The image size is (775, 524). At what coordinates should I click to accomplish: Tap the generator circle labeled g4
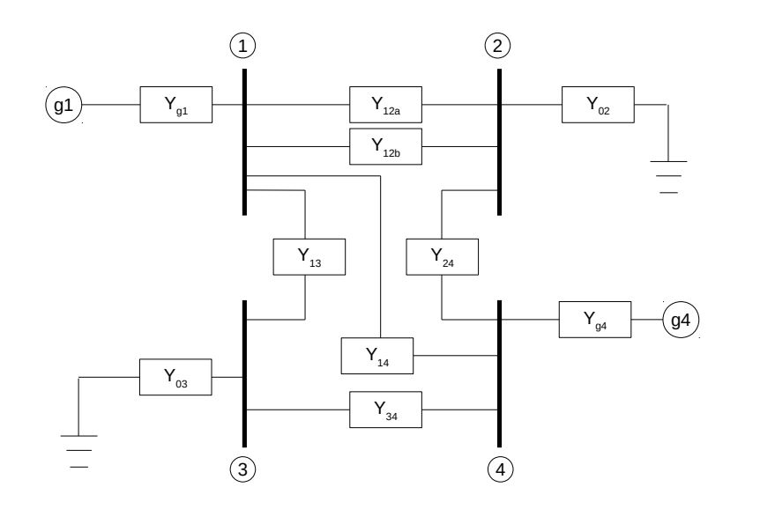coord(681,321)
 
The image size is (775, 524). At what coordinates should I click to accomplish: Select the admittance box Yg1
coord(175,105)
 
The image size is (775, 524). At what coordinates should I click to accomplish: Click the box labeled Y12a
coord(385,105)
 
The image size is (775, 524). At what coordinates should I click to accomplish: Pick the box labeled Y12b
coord(385,146)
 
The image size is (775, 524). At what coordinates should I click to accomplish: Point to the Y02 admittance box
coord(597,105)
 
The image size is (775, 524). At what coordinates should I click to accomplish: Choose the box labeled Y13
coord(309,256)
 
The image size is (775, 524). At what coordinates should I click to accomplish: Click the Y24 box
coord(442,256)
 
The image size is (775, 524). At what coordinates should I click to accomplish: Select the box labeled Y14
coord(377,355)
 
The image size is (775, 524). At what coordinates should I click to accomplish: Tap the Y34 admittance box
coord(385,410)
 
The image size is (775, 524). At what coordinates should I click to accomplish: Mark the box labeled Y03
coord(175,377)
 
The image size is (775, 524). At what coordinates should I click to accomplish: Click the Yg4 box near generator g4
coord(595,321)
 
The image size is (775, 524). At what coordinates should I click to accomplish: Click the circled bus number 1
coord(242,45)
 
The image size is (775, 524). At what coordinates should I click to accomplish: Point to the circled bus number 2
coord(498,45)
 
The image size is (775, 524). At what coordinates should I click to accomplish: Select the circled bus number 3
coord(242,470)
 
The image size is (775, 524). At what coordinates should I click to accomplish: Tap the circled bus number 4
coord(498,470)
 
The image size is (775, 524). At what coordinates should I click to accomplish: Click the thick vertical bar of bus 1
coord(244,141)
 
